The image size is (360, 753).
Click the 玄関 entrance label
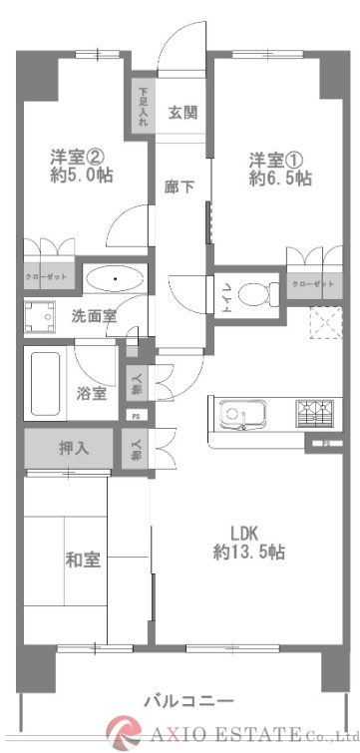[181, 112]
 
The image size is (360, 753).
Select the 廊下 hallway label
[180, 186]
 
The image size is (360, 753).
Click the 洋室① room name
[268, 159]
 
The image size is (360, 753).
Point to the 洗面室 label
[94, 317]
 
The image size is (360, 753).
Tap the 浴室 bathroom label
[92, 393]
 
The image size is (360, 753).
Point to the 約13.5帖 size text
[249, 552]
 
